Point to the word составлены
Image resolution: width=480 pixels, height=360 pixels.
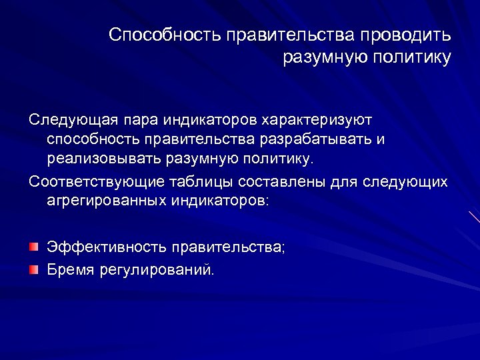click(x=282, y=181)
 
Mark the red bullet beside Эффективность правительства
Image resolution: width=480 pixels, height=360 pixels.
click(x=33, y=247)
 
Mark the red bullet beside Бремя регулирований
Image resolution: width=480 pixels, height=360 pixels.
click(x=33, y=269)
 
